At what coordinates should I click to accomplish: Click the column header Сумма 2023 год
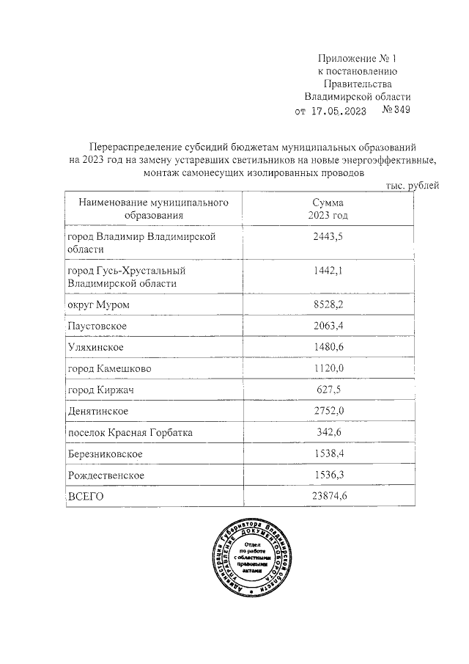[x=328, y=208]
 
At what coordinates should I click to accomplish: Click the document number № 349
[x=396, y=111]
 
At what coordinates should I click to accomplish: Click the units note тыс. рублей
[x=413, y=186]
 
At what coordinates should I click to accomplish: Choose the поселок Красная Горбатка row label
[x=130, y=433]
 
